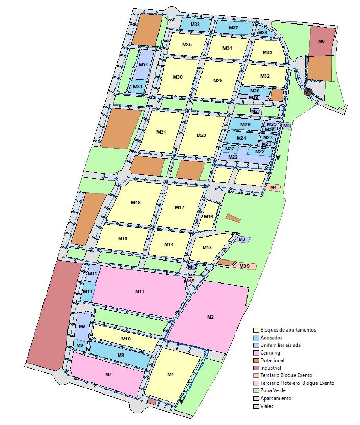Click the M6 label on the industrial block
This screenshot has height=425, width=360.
(x=322, y=41)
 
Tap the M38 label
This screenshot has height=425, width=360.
(x=195, y=25)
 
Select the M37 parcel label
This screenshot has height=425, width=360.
(x=233, y=28)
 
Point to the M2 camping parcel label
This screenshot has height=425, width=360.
(x=210, y=317)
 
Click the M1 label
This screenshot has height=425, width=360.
(x=171, y=375)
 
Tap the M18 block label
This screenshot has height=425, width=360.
(x=136, y=203)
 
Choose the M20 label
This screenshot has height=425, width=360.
(x=201, y=135)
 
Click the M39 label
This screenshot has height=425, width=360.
(x=245, y=266)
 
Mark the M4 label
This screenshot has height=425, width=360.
(x=274, y=188)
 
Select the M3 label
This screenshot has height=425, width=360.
(x=242, y=239)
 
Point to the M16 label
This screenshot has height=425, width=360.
(x=208, y=216)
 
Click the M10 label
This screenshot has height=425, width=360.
(x=127, y=339)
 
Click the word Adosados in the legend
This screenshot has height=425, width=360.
(x=273, y=338)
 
